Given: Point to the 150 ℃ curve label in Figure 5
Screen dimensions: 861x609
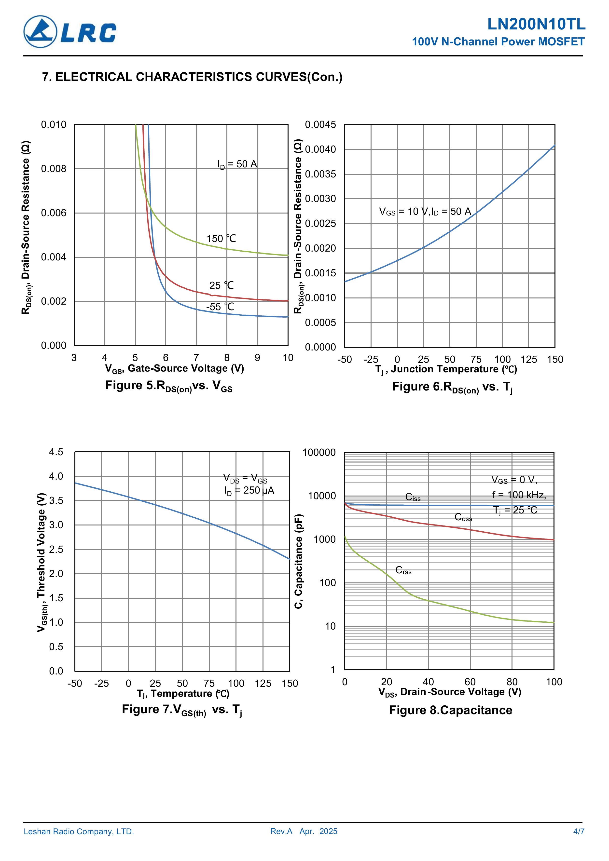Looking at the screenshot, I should pyautogui.click(x=221, y=239).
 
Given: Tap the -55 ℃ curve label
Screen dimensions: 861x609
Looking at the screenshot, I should pyautogui.click(x=220, y=307).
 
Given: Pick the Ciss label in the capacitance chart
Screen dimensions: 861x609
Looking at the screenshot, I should pyautogui.click(x=413, y=497).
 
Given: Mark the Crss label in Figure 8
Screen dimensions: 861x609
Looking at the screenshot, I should pyautogui.click(x=403, y=570).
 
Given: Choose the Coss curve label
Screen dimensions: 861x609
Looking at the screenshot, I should pyautogui.click(x=463, y=517).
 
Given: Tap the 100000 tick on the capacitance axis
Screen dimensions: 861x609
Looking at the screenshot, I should pyautogui.click(x=319, y=452).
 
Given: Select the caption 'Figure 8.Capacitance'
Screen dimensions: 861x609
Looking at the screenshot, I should pyautogui.click(x=450, y=710).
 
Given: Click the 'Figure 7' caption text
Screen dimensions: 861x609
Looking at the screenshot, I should pyautogui.click(x=182, y=710).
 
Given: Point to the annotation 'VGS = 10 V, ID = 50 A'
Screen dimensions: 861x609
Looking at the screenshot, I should pyautogui.click(x=425, y=212).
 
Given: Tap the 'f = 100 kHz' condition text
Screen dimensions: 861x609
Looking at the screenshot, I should pyautogui.click(x=519, y=495).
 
